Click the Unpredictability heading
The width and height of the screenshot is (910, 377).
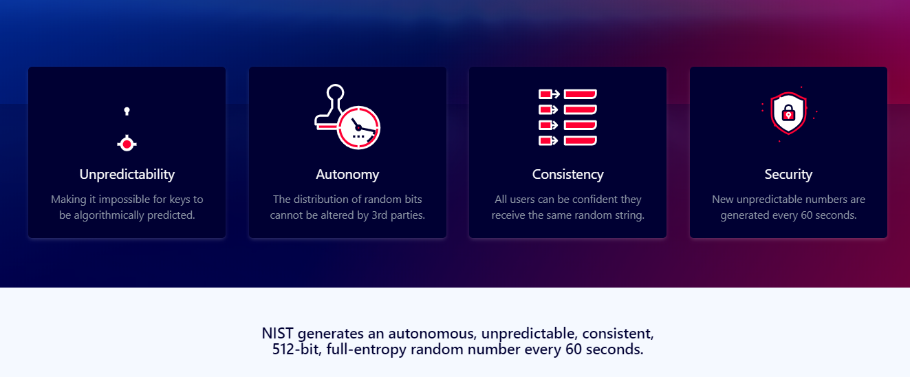point(127,174)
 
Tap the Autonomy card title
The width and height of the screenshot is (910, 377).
point(347,174)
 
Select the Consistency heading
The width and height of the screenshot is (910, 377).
point(568,174)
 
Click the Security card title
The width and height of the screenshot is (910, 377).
point(788,174)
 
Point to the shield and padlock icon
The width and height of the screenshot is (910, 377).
point(788,113)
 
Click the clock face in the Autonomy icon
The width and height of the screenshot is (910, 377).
point(358,127)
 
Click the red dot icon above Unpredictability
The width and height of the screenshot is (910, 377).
point(127,144)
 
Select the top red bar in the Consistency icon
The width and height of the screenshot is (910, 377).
point(580,94)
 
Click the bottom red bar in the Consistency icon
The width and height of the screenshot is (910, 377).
point(580,140)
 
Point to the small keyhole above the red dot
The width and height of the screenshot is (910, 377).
point(127,111)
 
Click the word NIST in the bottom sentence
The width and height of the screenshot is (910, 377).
point(277,334)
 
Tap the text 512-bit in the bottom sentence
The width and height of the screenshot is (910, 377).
point(295,349)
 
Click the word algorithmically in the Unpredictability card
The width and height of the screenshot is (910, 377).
point(109,215)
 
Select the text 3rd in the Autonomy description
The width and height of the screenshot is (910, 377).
point(380,215)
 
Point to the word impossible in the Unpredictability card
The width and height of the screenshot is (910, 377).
point(124,200)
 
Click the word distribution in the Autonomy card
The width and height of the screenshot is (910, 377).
point(321,199)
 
